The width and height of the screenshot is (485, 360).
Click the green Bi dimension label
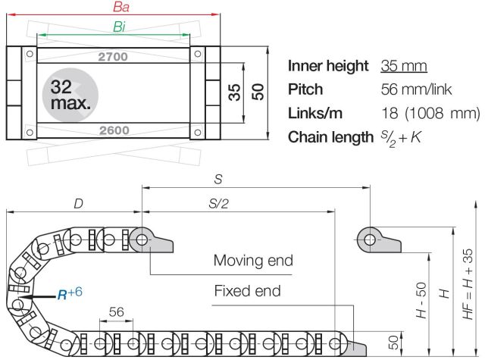[120, 27]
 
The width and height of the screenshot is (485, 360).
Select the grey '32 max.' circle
[70, 95]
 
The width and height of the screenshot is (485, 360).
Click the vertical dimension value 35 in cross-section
[235, 92]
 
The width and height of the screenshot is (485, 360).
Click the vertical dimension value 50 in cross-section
[258, 92]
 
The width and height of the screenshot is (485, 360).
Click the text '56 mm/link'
[416, 89]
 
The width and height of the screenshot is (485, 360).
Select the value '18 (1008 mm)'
[430, 114]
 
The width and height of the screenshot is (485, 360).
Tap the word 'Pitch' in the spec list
[305, 89]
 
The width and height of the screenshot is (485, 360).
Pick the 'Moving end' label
[252, 261]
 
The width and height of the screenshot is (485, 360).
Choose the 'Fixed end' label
[247, 290]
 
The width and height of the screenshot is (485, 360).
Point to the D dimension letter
[78, 203]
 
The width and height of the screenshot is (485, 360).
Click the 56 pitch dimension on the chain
[116, 312]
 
